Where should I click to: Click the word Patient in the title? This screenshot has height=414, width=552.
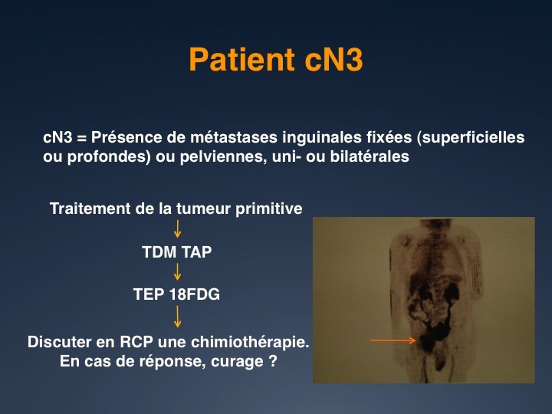pos(242,59)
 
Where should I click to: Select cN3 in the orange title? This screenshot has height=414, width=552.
pos(333,59)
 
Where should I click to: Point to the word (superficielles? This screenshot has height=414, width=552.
pos(470,138)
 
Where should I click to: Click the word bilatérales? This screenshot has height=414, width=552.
pos(370,156)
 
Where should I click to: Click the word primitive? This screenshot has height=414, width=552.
pos(269,209)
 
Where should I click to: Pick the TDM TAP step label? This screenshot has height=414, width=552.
pos(177,252)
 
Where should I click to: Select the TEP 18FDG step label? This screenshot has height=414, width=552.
pos(177,294)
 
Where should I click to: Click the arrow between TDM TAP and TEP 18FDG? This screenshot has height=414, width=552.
pos(177,271)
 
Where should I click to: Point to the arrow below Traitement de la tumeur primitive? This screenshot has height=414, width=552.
pos(177,228)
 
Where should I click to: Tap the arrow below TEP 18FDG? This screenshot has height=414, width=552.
pos(177,317)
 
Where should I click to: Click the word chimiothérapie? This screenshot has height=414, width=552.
pos(234,342)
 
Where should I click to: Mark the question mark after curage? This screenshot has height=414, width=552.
pos(272,361)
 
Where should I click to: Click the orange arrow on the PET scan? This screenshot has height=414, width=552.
pos(393,340)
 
